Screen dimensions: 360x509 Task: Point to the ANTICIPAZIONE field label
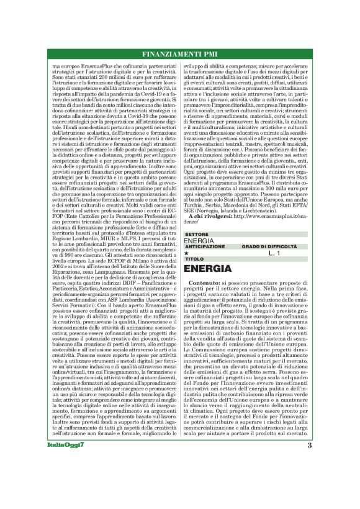pyautogui.click(x=204, y=246)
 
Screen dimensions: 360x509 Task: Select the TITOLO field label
pyautogui.click(x=194, y=259)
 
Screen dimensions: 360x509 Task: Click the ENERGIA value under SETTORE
pyautogui.click(x=199, y=241)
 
